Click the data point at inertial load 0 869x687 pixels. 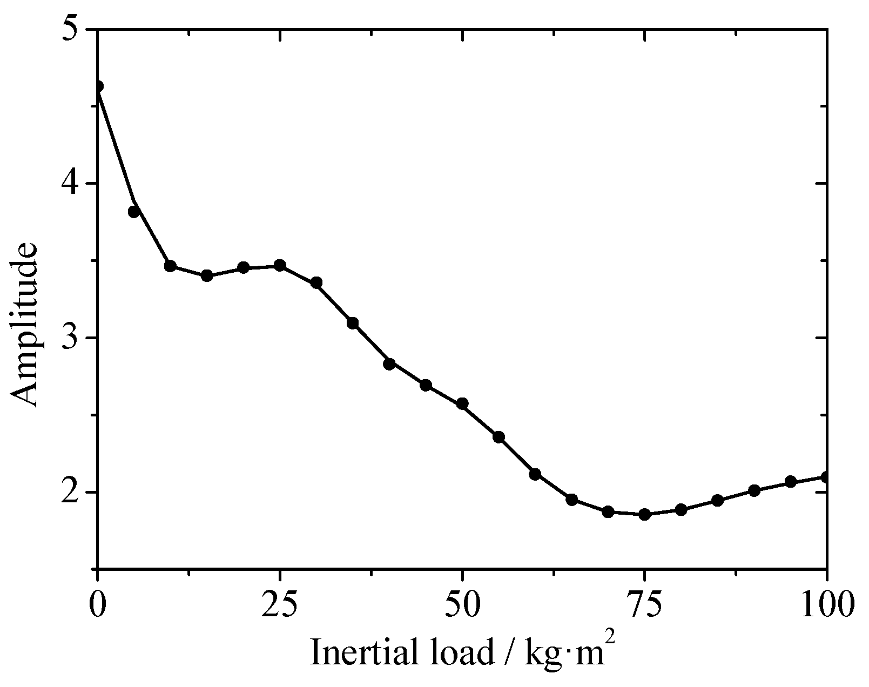[x=98, y=86]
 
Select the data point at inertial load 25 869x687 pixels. [x=280, y=265]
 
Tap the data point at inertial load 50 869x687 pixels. [x=462, y=404]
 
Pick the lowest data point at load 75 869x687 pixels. [x=644, y=514]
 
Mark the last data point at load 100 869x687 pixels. [x=826, y=477]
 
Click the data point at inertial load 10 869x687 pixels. [x=171, y=266]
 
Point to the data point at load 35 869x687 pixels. [x=353, y=324]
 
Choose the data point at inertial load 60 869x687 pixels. [x=535, y=474]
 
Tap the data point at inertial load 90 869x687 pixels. [x=754, y=490]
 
